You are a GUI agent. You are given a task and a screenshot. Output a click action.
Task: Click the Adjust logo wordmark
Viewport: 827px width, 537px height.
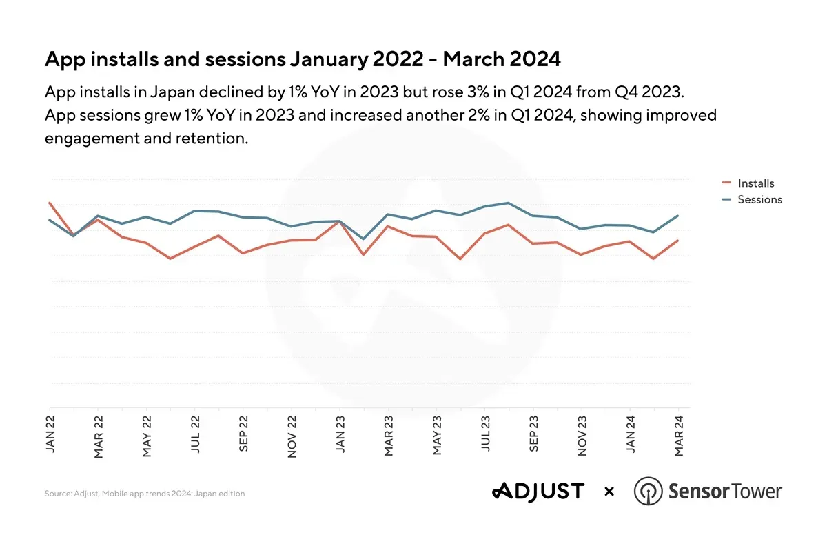point(538,492)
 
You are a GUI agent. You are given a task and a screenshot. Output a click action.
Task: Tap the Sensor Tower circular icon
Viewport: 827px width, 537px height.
point(647,492)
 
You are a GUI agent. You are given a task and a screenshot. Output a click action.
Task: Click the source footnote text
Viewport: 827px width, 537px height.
point(145,494)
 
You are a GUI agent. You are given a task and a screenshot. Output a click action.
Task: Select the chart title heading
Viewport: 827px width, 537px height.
point(303,59)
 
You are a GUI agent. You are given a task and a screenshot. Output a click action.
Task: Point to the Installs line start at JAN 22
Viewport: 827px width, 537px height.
point(50,203)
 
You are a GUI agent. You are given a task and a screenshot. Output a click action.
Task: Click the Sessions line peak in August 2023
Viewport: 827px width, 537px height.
point(508,203)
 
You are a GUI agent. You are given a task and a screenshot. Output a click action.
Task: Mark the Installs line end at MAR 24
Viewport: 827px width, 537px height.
point(678,241)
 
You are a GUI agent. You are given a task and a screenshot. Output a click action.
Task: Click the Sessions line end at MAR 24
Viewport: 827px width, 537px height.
point(678,216)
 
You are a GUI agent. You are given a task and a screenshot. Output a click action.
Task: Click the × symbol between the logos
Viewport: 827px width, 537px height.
point(609,492)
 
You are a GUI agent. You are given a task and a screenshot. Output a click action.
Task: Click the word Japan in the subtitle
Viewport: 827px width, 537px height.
point(170,92)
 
